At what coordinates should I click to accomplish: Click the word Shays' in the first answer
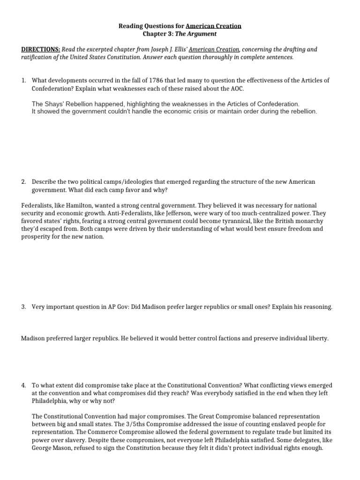coord(54,104)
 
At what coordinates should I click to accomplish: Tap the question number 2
coord(24,181)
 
